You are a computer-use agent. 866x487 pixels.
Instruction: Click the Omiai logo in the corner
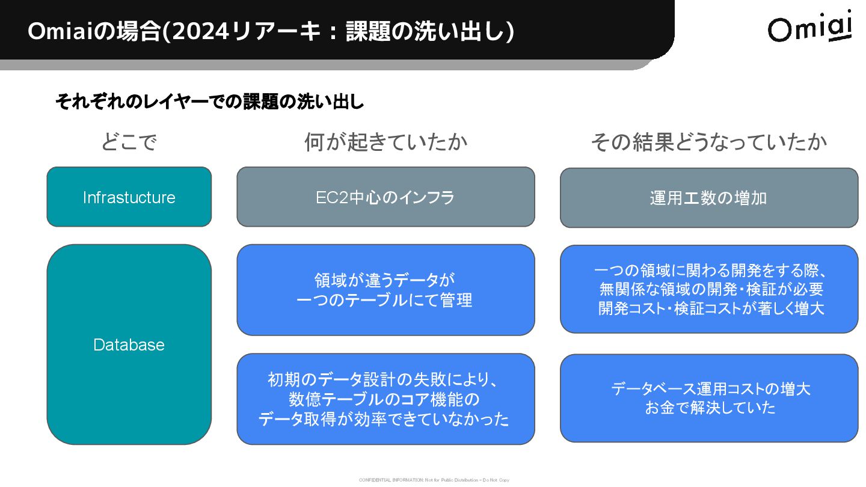[809, 27]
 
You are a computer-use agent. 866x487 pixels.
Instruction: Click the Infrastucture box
[129, 197]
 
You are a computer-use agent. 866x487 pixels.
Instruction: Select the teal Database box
[129, 345]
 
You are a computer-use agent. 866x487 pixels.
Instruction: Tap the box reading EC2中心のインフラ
[385, 197]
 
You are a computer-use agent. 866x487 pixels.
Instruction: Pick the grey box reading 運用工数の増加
[709, 198]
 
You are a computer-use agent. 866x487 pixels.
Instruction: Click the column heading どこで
[129, 142]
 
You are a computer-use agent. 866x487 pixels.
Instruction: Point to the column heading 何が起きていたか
[385, 142]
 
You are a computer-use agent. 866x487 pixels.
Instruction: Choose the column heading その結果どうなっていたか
[709, 142]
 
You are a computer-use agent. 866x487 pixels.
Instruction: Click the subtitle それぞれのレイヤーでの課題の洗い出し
[210, 102]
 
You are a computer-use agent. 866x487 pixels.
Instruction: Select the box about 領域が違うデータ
[385, 290]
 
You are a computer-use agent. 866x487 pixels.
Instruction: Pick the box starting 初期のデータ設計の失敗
[385, 399]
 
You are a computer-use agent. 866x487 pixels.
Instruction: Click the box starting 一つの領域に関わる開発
[709, 289]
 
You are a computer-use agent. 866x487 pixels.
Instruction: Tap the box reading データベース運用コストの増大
[709, 398]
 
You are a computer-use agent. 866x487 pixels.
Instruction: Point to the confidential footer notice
[434, 480]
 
